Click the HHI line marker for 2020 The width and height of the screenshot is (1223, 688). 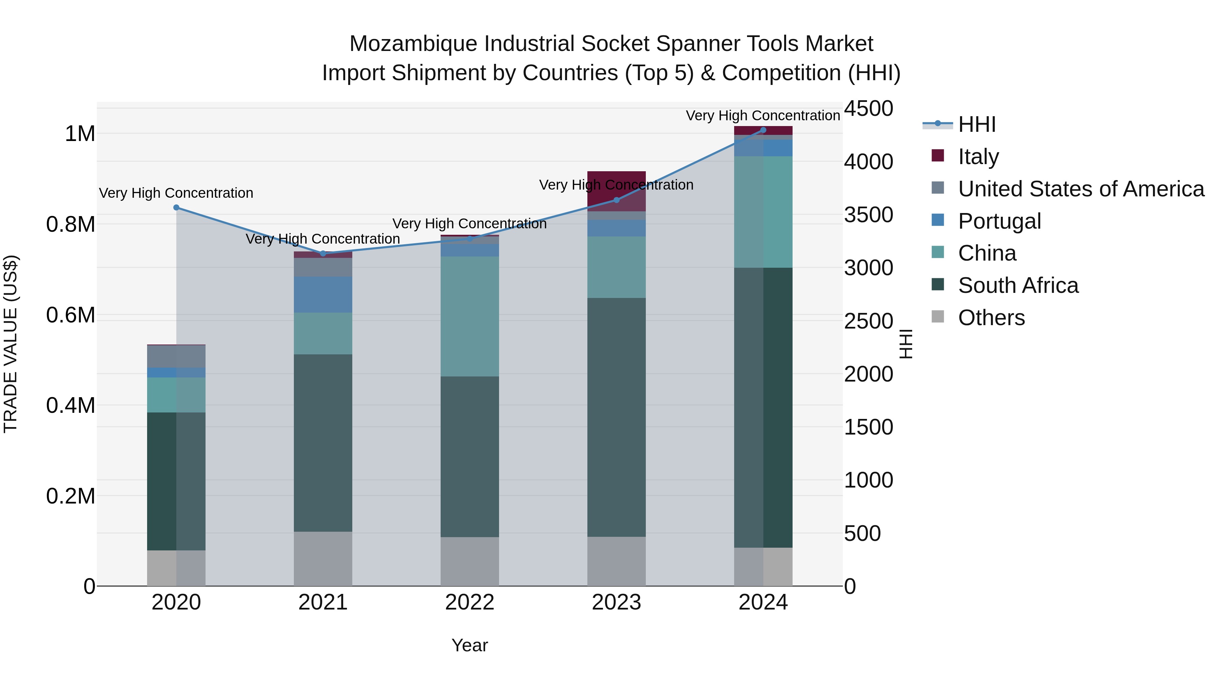(x=176, y=208)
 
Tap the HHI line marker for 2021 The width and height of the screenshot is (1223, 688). (x=323, y=253)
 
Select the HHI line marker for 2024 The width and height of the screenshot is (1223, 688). (x=763, y=130)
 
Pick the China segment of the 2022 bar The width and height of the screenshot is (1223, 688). (x=469, y=316)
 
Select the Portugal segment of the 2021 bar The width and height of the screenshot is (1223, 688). (x=323, y=294)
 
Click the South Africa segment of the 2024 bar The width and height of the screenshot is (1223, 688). (x=763, y=407)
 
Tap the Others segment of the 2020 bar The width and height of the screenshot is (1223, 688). (x=176, y=568)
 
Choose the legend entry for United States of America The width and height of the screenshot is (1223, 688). (x=1081, y=189)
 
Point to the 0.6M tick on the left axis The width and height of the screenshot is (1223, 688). (x=71, y=315)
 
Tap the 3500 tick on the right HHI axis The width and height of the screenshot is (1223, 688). (x=868, y=215)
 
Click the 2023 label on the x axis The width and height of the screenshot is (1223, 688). (x=616, y=602)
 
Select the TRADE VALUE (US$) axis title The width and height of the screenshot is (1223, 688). (x=11, y=344)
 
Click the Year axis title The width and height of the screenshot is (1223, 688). (x=469, y=645)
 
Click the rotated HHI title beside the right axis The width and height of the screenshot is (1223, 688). (x=906, y=344)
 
